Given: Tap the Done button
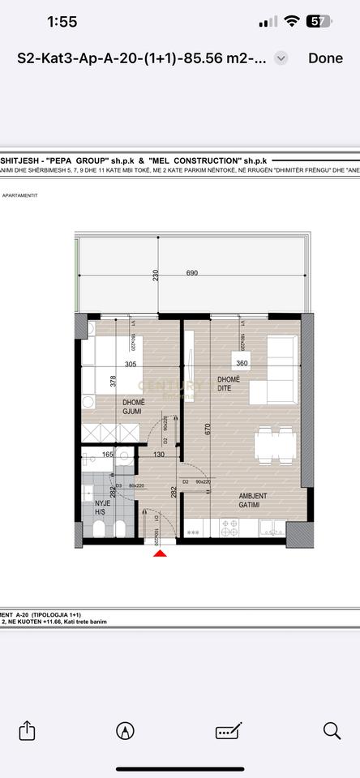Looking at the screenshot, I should tap(325, 58).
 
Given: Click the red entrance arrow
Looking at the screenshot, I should tap(161, 553).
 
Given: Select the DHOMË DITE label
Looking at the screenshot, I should tap(229, 384).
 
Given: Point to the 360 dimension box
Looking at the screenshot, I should tap(242, 364).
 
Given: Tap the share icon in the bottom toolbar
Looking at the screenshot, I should tap(28, 729).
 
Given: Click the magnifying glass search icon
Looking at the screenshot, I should tap(332, 729).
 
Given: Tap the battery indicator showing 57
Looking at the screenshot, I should tap(318, 22).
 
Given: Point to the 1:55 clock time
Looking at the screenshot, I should tap(62, 22).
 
